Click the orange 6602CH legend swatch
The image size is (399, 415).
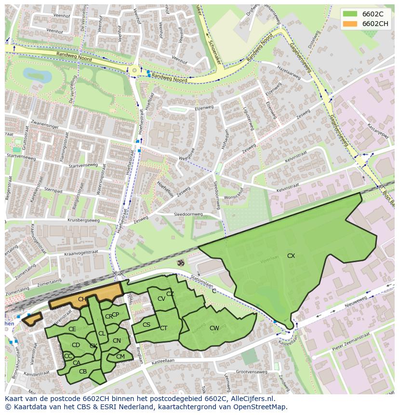(x=350, y=24)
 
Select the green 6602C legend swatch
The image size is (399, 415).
(x=350, y=14)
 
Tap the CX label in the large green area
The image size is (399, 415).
(x=291, y=256)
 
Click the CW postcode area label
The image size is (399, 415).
(x=214, y=328)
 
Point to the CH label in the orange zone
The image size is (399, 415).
(x=82, y=299)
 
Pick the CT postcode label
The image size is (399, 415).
(x=163, y=328)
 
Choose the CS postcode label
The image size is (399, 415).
(x=146, y=325)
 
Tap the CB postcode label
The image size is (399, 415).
(x=83, y=371)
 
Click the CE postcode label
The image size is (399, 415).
(x=72, y=329)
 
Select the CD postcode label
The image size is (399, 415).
(x=76, y=345)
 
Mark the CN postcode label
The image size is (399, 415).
(x=117, y=341)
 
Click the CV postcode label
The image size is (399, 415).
(x=161, y=299)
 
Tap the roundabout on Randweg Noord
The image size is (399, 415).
(x=134, y=70)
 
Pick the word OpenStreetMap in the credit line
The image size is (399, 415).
(x=260, y=407)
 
